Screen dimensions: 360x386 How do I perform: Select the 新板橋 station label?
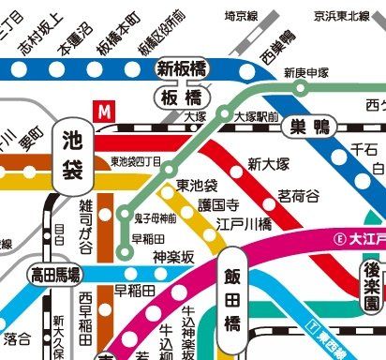click(x=181, y=67)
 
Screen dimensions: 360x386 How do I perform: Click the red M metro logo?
click(x=106, y=110)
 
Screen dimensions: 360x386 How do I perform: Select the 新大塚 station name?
click(x=266, y=165)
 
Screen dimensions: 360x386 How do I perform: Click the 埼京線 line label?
click(x=242, y=16)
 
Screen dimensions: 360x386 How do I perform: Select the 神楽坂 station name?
click(x=172, y=256)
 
